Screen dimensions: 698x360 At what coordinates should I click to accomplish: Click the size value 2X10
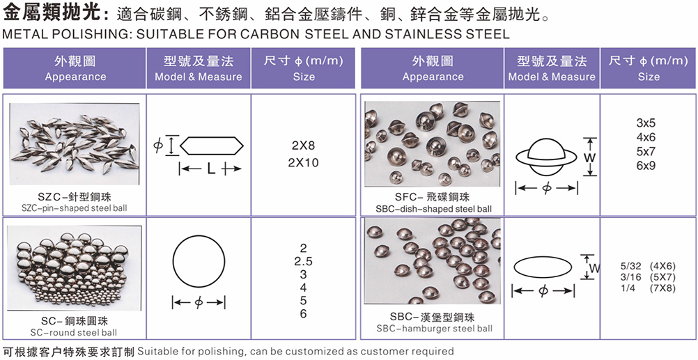[x=304, y=163]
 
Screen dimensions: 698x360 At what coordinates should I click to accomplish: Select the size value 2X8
[x=304, y=146]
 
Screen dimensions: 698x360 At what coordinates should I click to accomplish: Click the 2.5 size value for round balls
[x=304, y=261]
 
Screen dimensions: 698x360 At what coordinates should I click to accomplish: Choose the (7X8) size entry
[x=663, y=288]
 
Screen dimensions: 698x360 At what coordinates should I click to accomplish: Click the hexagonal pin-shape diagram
[x=212, y=146]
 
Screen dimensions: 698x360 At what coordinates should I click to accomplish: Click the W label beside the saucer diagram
[x=591, y=157]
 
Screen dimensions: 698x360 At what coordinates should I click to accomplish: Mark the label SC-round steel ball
[x=75, y=332]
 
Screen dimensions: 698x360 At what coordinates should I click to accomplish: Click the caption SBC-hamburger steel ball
[x=434, y=329]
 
